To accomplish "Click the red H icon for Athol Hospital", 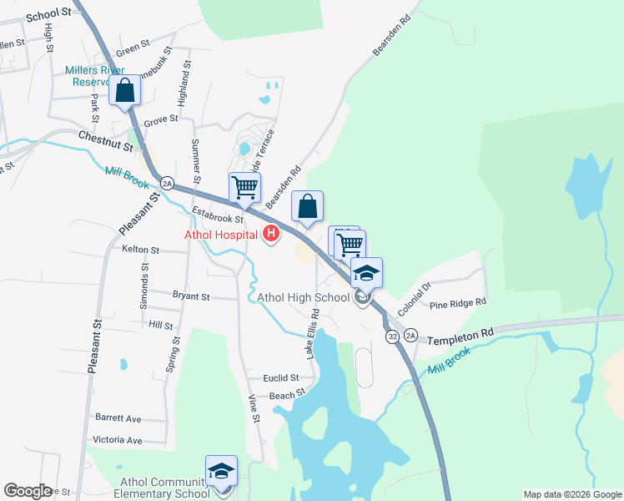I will click(270, 234).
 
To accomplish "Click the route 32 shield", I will click(392, 336).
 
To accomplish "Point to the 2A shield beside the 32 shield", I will click(410, 336).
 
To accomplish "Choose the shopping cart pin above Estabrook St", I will click(244, 187).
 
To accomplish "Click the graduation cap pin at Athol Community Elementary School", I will click(222, 470).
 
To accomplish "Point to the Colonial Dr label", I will click(414, 299).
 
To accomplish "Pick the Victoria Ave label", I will click(118, 440).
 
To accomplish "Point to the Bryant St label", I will click(191, 296).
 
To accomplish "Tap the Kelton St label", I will click(140, 250).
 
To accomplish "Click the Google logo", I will click(28, 491).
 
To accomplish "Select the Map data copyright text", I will click(572, 494).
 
